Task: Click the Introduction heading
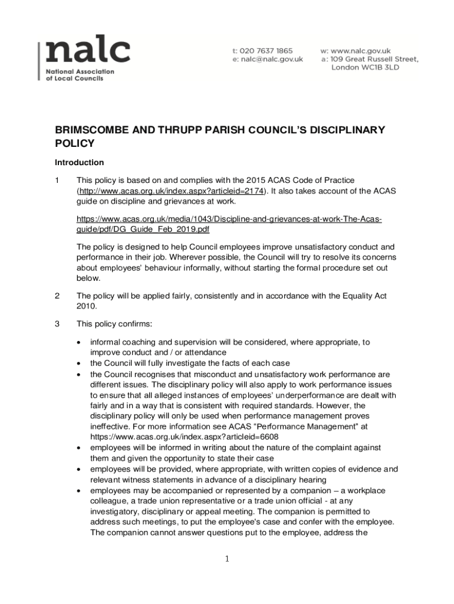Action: coord(79,162)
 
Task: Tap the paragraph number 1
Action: coord(57,180)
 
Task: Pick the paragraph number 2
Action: coord(57,296)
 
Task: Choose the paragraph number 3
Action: coord(57,324)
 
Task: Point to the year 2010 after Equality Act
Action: coord(87,307)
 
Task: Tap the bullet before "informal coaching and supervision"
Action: coord(80,342)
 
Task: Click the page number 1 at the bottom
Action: coord(227,559)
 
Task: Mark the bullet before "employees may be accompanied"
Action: coord(80,491)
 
